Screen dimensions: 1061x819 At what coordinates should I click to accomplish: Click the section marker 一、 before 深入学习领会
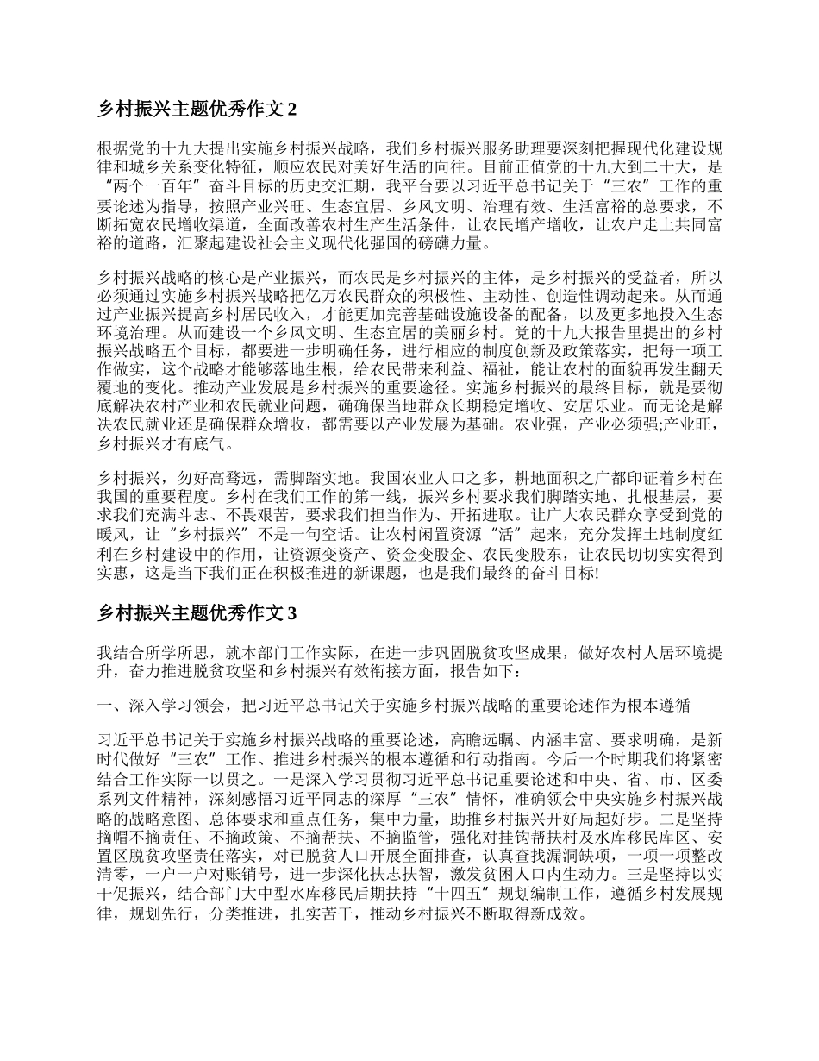tap(107, 706)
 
